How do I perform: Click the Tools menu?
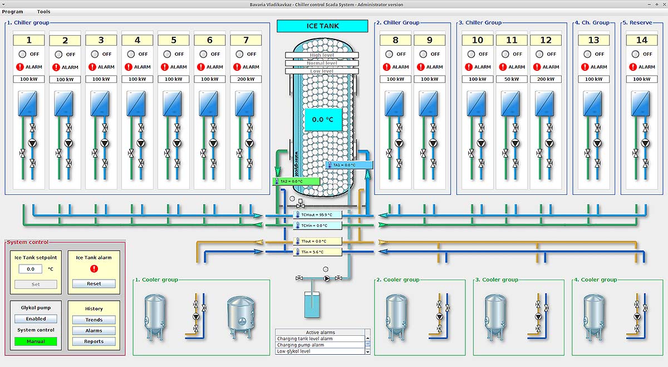[x=43, y=12]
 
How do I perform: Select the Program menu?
[x=13, y=12]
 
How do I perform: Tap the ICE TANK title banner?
[x=322, y=26]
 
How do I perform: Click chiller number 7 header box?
[x=246, y=40]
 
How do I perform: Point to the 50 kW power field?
[x=512, y=79]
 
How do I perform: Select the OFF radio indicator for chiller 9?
[x=423, y=54]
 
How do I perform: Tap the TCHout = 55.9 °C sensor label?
[x=317, y=215]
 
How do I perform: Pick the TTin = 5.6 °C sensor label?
[x=317, y=252]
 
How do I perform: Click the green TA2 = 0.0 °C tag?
[x=296, y=182]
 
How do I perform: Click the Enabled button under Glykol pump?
[x=36, y=319]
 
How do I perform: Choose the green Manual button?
[x=36, y=341]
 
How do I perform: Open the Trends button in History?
[x=94, y=320]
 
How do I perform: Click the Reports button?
[x=94, y=341]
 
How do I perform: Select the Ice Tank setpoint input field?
[x=31, y=269]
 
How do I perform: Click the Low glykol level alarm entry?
[x=320, y=351]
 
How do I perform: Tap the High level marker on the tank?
[x=321, y=55]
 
